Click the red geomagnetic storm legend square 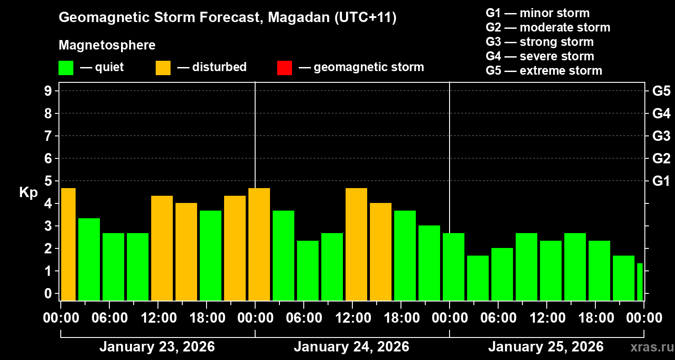point(284,67)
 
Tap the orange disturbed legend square point(163,67)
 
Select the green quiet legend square point(66,67)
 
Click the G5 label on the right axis point(661,91)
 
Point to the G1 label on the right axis point(661,181)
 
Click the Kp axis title point(28,193)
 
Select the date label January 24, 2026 point(351,347)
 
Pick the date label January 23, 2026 point(157,347)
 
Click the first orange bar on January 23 point(68,244)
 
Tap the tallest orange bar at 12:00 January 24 point(356,244)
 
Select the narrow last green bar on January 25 point(639,282)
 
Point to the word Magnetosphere point(107,45)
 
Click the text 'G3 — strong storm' point(540,42)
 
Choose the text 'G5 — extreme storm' point(544,71)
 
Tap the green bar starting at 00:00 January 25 point(454,266)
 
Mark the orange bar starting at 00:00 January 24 point(259,244)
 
